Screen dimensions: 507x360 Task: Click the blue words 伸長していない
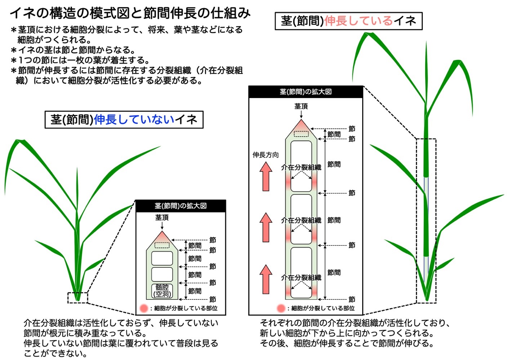[134, 120]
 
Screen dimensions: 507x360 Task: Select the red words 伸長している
[359, 21]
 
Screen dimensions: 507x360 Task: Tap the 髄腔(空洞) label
[162, 291]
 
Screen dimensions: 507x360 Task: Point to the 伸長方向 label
[266, 155]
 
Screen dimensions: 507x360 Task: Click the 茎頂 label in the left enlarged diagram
[162, 218]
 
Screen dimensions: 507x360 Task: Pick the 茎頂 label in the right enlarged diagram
[301, 106]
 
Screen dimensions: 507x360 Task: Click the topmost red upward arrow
[266, 177]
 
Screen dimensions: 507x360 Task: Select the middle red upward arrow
[266, 227]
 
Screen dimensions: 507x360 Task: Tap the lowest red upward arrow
[266, 279]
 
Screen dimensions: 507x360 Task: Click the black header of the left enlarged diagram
[181, 206]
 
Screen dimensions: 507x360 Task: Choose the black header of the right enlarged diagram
[306, 92]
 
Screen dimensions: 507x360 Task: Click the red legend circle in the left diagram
[144, 308]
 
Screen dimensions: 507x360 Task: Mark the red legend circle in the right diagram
[281, 308]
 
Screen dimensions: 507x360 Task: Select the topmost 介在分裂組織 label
[301, 168]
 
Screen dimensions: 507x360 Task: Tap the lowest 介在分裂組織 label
[301, 277]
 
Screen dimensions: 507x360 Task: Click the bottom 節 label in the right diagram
[352, 299]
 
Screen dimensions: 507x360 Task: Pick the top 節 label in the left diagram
[213, 240]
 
